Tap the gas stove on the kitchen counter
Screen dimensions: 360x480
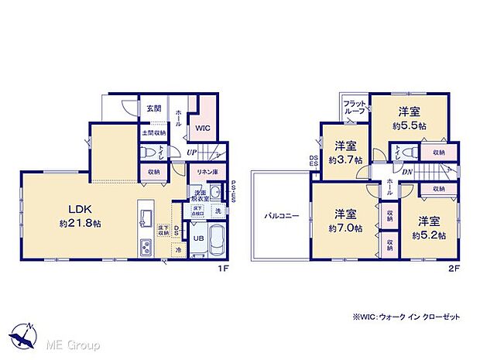146,247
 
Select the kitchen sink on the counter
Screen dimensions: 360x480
146,215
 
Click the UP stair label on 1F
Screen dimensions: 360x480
191,153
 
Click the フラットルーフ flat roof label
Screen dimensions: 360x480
355,107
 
